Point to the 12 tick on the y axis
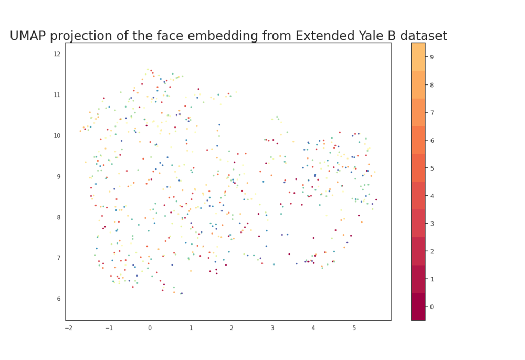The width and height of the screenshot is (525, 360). click(57, 54)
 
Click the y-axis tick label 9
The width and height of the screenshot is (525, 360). click(58, 176)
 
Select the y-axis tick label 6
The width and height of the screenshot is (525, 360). click(58, 299)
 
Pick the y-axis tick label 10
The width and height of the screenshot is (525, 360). click(57, 135)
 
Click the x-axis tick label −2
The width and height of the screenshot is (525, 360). click(68, 328)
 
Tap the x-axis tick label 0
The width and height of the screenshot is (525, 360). click(150, 328)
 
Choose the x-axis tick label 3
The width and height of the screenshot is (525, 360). click(272, 328)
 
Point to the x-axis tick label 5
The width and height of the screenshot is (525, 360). click(354, 328)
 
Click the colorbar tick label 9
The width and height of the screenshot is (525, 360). click(432, 57)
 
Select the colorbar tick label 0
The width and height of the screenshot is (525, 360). click(432, 306)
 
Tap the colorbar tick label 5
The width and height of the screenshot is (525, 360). click(432, 168)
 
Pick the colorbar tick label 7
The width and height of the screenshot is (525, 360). click(432, 112)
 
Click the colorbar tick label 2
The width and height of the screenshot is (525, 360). click(432, 251)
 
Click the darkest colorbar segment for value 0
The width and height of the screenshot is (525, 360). click(418, 306)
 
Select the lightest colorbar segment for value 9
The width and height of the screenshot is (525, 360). click(418, 57)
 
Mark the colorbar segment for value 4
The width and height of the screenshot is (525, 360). click(418, 196)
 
